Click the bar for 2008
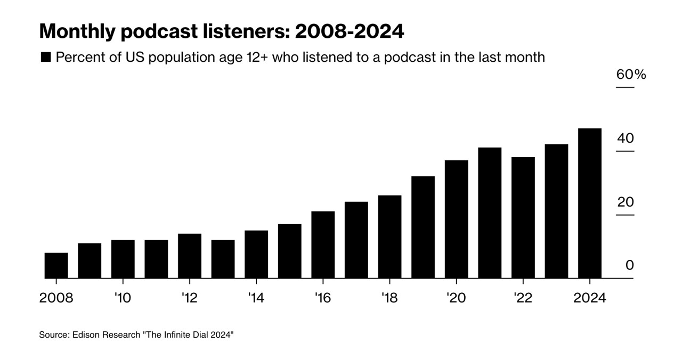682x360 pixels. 56,265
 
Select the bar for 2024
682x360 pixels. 590,203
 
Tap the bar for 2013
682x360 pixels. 223,259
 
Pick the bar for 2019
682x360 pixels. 423,227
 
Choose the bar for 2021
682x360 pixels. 490,212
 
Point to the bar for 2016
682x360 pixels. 323,244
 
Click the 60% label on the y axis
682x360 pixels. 631,75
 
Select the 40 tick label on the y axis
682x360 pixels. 626,138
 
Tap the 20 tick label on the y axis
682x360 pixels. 626,202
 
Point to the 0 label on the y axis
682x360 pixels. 630,265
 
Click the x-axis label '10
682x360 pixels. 123,298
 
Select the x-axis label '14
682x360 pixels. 256,298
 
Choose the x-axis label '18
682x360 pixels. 389,298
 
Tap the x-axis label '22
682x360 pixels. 523,298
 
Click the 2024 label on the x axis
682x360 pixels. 590,298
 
